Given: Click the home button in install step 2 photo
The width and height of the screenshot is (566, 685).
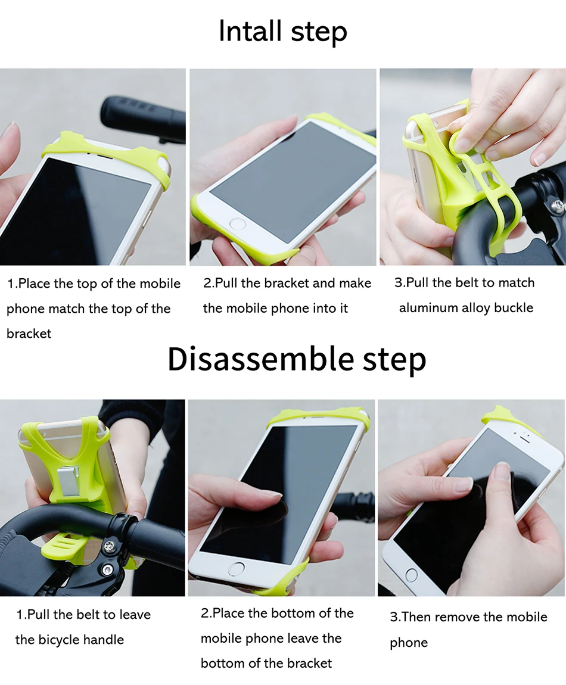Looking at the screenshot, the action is coord(237,225).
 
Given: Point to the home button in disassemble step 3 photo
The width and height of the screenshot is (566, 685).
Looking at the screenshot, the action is coord(411,574).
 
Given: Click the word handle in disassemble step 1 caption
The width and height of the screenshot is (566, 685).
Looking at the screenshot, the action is coord(104,640).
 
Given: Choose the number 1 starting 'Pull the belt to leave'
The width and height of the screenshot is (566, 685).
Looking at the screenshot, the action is coord(19,615).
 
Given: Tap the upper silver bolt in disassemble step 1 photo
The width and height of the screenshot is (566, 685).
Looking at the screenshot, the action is coord(109,547).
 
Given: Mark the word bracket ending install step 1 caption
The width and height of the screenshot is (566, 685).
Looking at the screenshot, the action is coord(29,334).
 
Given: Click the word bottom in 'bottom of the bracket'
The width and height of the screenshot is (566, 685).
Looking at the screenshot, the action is coord(222,663).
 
